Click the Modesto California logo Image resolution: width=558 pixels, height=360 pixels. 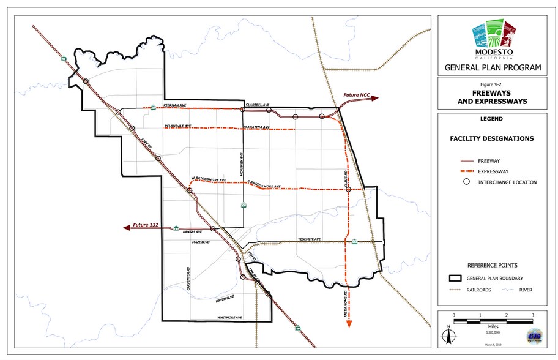coord(493,40)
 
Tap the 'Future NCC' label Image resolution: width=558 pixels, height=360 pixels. coord(356,96)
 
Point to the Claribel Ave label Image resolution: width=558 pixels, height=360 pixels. coord(257,105)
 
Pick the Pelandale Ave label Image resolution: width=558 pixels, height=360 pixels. coord(178,126)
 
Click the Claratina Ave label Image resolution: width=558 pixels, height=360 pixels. coord(256,126)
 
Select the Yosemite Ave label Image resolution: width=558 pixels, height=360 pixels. coord(309,239)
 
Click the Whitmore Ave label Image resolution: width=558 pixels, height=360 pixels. coord(229,317)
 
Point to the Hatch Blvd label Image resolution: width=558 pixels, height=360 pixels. coord(225,299)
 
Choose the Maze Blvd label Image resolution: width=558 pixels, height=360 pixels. coord(201,242)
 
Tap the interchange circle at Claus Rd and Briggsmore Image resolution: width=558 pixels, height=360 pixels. coord(348,190)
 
